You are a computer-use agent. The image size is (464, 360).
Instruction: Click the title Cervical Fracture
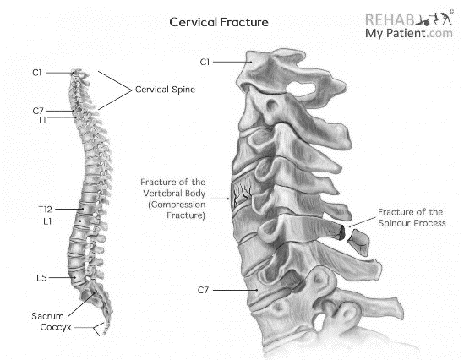(x=219, y=22)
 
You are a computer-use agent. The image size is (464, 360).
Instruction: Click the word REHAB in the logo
(x=390, y=19)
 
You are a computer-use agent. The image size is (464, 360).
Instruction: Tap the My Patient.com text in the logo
(x=409, y=33)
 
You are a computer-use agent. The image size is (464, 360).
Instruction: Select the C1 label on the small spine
(x=37, y=73)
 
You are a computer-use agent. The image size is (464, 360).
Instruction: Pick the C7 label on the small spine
(x=38, y=111)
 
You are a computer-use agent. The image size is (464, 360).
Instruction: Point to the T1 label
(x=41, y=120)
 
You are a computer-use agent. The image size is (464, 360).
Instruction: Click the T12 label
(x=46, y=210)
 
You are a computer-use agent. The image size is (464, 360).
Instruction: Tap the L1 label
(x=47, y=221)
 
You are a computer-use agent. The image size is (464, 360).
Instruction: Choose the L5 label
(x=41, y=278)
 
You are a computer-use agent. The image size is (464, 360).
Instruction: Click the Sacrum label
(x=47, y=316)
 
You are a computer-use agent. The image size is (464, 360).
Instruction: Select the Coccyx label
(x=56, y=327)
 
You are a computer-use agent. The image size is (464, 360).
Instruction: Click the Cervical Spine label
(x=165, y=90)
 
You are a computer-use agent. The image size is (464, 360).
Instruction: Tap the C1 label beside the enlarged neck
(x=205, y=63)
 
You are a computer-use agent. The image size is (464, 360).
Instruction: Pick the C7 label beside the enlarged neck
(x=204, y=290)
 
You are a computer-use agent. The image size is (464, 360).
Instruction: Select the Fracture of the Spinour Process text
(x=412, y=217)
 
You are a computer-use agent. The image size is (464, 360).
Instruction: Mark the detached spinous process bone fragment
(x=359, y=242)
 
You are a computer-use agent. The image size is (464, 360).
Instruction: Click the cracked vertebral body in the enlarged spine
(x=242, y=194)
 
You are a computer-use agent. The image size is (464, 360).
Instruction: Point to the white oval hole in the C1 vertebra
(x=302, y=88)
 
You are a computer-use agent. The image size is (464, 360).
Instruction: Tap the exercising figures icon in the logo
(x=434, y=19)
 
